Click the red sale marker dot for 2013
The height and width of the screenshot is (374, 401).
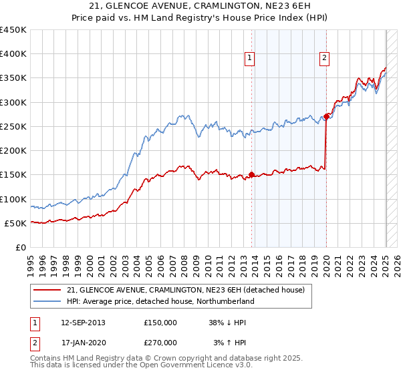251,175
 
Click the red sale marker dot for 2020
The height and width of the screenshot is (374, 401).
326,116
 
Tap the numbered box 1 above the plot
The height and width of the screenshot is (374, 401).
249,58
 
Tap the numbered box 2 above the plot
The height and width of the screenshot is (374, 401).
323,58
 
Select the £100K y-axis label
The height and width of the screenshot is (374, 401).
13,199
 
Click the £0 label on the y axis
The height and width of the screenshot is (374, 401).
21,247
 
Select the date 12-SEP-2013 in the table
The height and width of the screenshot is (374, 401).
83,322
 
